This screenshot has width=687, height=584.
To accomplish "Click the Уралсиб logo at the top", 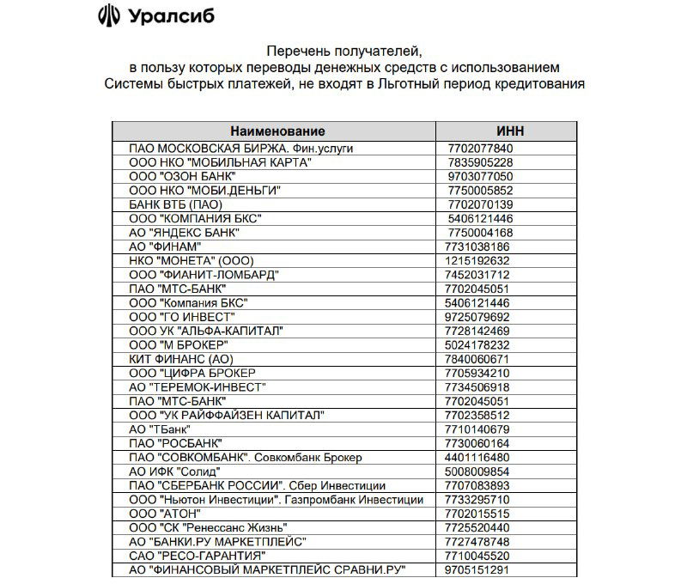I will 155,17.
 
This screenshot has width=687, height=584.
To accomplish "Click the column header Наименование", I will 278,131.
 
